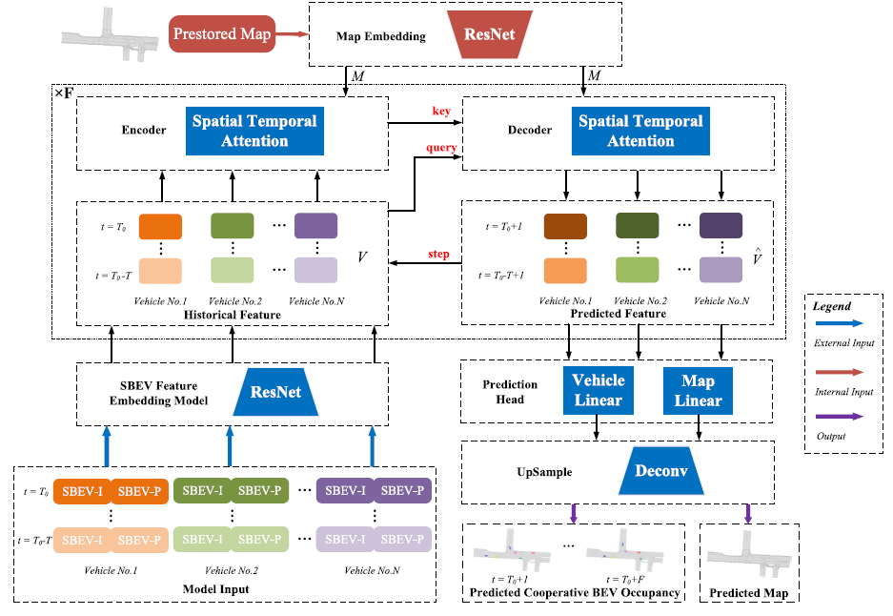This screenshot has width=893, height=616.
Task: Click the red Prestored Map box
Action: point(223,35)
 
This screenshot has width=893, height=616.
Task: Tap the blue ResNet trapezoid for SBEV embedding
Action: point(274,391)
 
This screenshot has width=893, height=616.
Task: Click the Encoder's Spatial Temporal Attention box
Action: point(254,132)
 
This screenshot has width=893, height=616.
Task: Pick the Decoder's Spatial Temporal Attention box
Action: point(640,132)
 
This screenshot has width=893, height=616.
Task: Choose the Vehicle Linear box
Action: point(599,390)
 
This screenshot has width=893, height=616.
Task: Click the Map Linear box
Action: point(698,390)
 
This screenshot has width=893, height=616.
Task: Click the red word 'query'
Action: point(441,148)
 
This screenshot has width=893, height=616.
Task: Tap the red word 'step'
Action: point(440,254)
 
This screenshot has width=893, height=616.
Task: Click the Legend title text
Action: point(832,306)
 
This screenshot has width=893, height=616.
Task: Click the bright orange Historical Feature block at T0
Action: point(160,227)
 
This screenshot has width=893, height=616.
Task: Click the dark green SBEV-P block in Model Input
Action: point(259,490)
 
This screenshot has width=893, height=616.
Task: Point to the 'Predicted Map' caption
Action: point(747,593)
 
